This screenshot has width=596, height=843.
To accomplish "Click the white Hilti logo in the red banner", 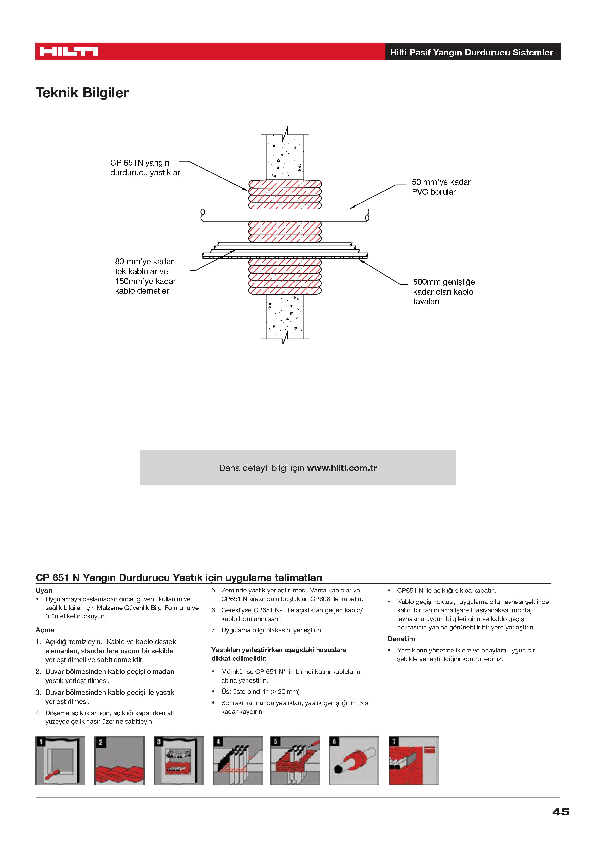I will pyautogui.click(x=69, y=51).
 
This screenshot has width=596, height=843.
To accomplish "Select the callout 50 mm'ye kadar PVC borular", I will pyautogui.click(x=441, y=187).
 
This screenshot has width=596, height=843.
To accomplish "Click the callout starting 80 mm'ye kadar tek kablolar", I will pyautogui.click(x=145, y=276).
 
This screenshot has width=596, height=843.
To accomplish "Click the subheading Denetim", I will pyautogui.click(x=401, y=639).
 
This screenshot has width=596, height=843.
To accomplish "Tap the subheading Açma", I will pyautogui.click(x=45, y=630).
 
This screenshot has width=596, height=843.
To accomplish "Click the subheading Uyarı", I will pyautogui.click(x=44, y=591).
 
